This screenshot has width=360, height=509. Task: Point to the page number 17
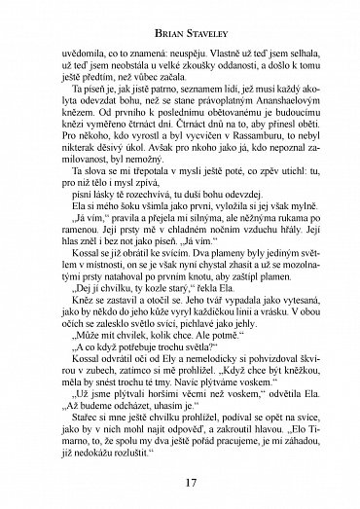179,484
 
